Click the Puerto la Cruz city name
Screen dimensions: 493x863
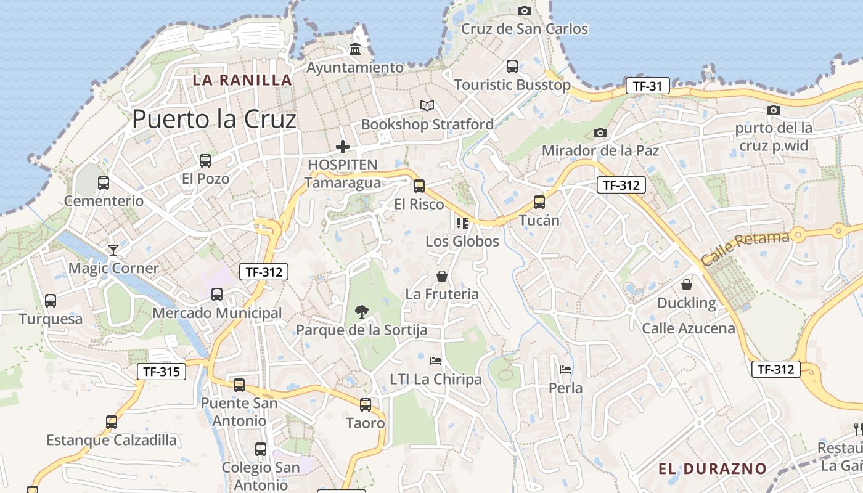tap(214, 119)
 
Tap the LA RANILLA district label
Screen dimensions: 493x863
tap(242, 79)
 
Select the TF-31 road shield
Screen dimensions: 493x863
tap(647, 86)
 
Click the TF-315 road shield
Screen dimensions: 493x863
tap(161, 371)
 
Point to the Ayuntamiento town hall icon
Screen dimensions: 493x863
tap(355, 49)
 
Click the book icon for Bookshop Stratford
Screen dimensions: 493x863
tap(427, 106)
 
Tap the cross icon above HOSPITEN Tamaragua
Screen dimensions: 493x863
tap(342, 147)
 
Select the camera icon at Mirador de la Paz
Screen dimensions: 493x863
tap(600, 132)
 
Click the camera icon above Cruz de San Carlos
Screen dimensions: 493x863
tap(525, 10)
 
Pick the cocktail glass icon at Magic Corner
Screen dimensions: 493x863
tap(113, 250)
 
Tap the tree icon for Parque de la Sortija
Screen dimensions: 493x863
tap(362, 312)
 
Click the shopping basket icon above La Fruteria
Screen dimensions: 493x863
tap(442, 276)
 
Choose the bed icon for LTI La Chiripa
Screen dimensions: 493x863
tap(436, 361)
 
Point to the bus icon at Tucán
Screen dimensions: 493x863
tap(539, 202)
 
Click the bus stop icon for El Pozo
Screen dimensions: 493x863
tap(205, 161)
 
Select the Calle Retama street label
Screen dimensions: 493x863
tap(745, 248)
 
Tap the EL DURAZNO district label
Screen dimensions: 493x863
tap(712, 469)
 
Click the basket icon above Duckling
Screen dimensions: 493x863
tap(687, 285)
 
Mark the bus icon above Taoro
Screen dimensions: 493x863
tap(366, 405)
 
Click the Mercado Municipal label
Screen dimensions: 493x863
tap(217, 313)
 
